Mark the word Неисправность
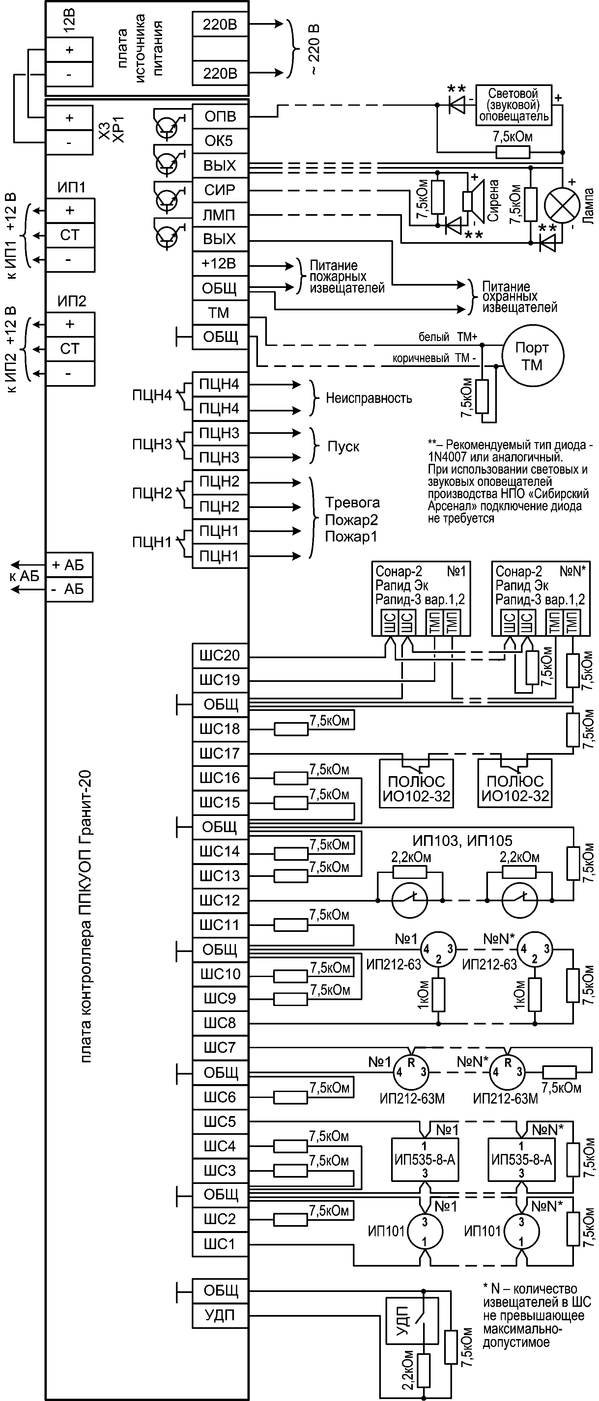tap(369, 399)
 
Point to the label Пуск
tap(343, 446)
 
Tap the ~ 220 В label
tap(314, 49)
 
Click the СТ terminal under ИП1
tap(70, 236)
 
